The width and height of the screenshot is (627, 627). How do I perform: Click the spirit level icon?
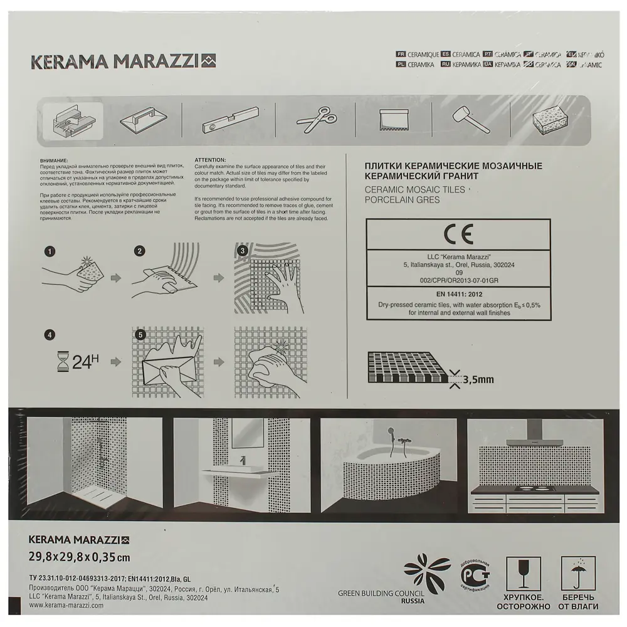[x=228, y=119]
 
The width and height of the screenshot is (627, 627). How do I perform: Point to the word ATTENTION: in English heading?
[x=213, y=161]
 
